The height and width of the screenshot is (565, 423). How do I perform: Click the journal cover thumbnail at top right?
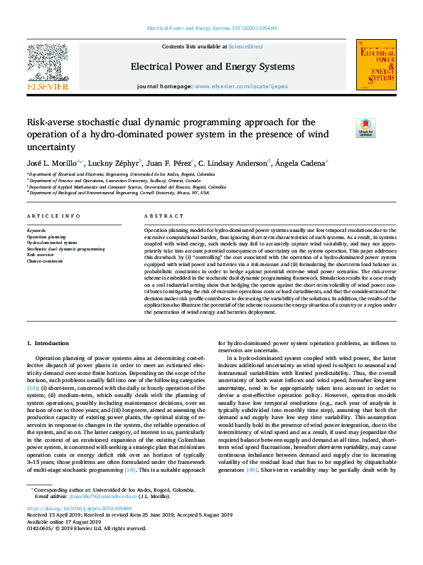click(x=376, y=65)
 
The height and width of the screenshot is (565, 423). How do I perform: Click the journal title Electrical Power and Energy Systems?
click(x=212, y=67)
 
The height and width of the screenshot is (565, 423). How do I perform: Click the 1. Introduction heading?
click(x=48, y=343)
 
